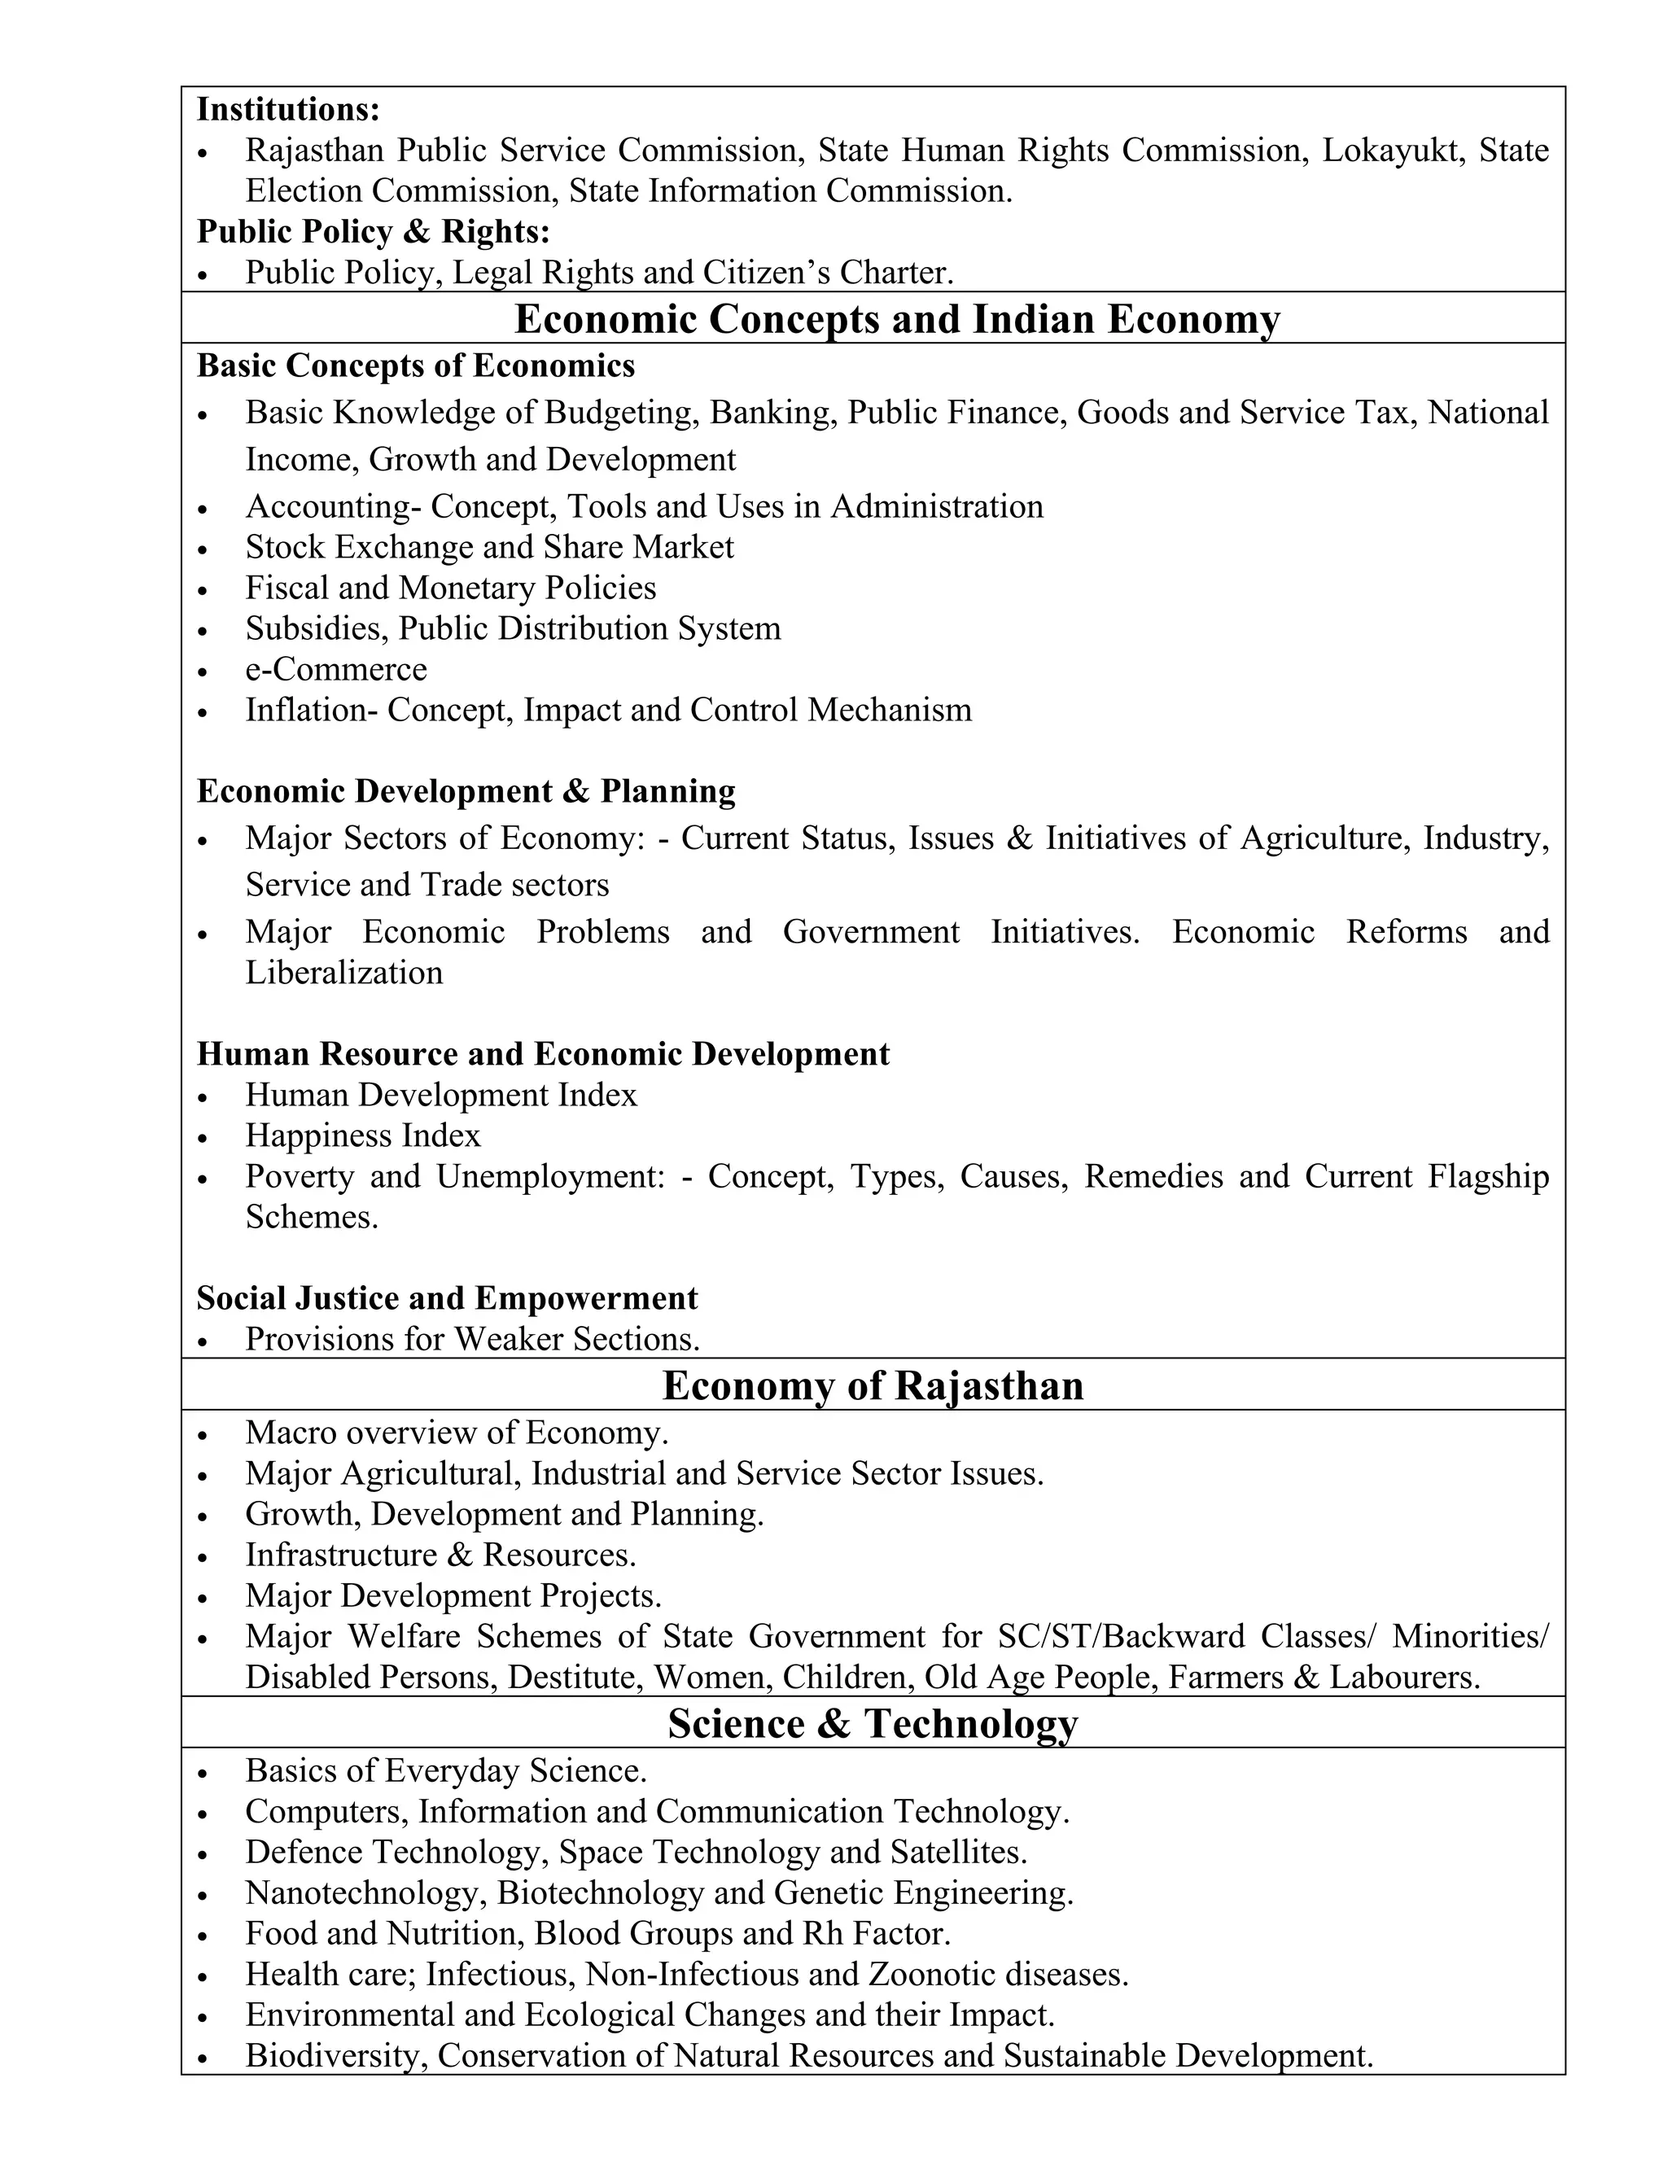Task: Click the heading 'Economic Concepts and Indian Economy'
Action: pos(897,319)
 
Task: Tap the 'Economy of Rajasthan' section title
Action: pos(873,1385)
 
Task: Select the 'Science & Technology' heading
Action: pos(873,1723)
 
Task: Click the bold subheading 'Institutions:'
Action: pos(288,108)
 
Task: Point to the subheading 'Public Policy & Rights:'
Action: pos(374,231)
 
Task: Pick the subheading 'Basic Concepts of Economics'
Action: pos(416,365)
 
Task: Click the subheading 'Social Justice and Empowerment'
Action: pos(448,1297)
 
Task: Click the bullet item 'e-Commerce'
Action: pos(336,670)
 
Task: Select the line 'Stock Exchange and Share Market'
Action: pos(490,547)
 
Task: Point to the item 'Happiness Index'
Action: pos(362,1135)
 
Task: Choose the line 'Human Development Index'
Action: pos(441,1096)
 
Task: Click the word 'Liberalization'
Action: pos(343,973)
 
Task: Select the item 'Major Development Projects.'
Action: pos(453,1596)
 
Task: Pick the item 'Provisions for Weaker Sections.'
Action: pos(472,1339)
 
